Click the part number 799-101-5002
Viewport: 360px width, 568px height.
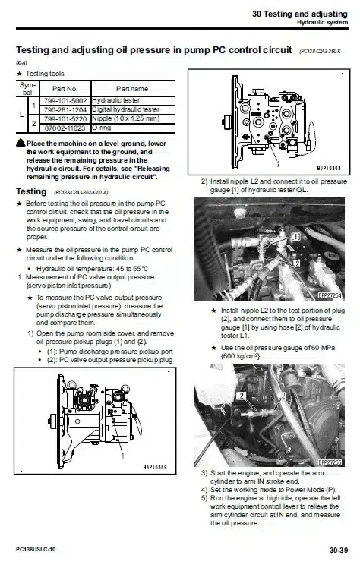(x=65, y=100)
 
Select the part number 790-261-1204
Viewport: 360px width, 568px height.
(x=65, y=109)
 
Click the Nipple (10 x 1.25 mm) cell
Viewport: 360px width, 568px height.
(x=125, y=118)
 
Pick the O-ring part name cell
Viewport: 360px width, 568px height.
(x=103, y=128)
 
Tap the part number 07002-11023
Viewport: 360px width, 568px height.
(x=65, y=128)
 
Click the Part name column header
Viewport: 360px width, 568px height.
(x=131, y=89)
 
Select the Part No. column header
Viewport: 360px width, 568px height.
(x=65, y=89)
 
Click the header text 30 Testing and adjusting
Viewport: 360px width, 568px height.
(x=300, y=14)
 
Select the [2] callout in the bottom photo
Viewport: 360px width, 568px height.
(x=242, y=396)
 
